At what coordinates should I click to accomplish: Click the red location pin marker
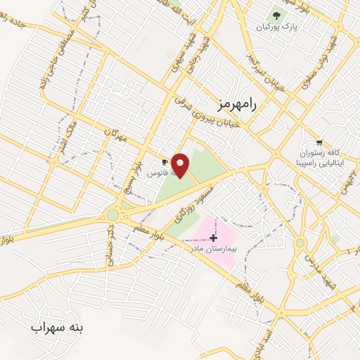tap(181, 165)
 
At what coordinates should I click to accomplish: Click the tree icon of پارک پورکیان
tap(276, 15)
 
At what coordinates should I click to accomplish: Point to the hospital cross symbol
tap(214, 238)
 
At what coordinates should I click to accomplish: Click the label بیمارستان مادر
tap(214, 249)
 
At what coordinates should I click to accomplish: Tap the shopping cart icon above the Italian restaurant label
tap(320, 141)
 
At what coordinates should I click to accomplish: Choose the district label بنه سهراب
tap(57, 328)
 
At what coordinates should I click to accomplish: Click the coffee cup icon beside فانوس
tap(164, 161)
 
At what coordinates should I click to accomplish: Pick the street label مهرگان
tap(115, 136)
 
